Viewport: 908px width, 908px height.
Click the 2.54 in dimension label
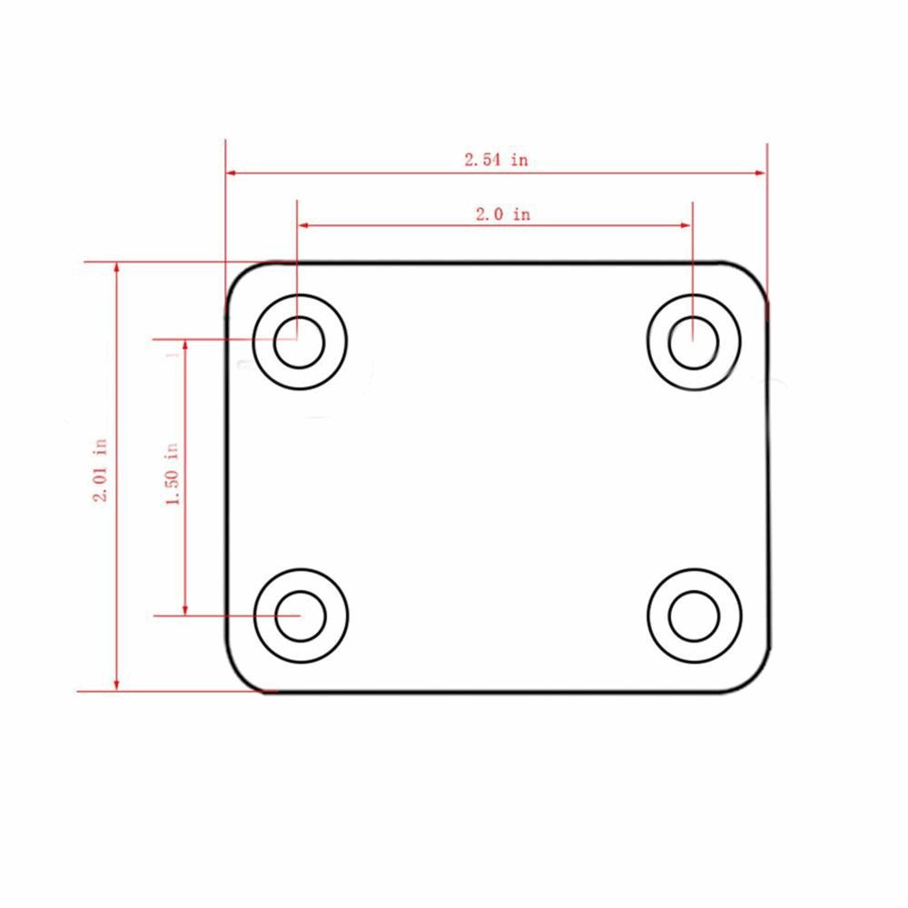pyautogui.click(x=496, y=160)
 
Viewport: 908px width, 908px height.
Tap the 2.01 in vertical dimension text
pyautogui.click(x=101, y=470)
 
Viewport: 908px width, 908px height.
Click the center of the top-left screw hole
pyautogui.click(x=300, y=342)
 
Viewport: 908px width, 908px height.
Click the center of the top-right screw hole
pyautogui.click(x=694, y=342)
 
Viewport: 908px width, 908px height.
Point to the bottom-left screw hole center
pyautogui.click(x=301, y=615)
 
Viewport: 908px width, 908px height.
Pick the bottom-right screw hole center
pyautogui.click(x=695, y=616)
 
